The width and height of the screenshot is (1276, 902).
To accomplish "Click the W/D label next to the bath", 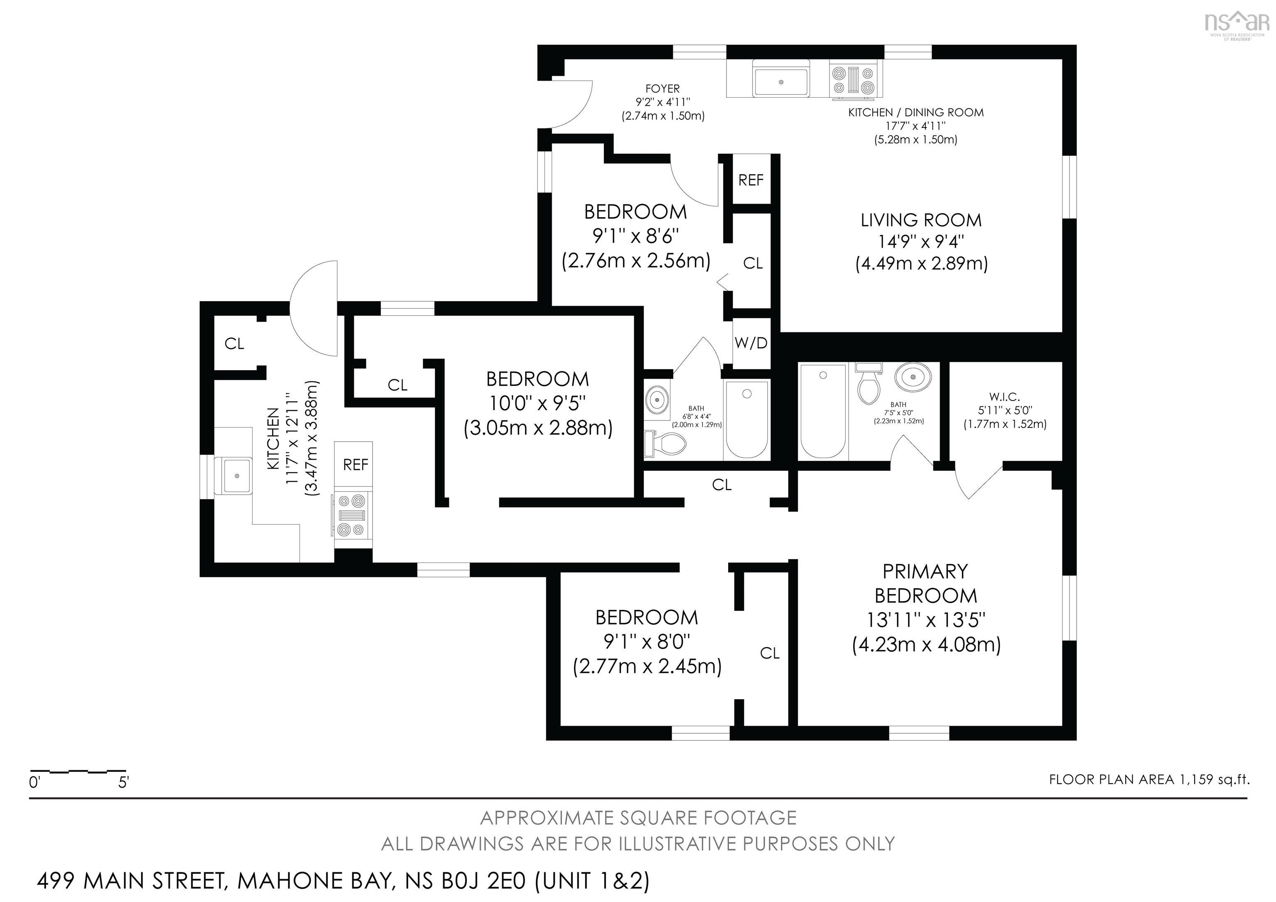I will [751, 343].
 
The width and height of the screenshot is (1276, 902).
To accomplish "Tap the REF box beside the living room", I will [751, 180].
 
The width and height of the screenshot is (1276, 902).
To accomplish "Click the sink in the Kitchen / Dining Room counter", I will [781, 81].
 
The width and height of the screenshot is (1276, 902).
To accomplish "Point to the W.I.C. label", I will [1004, 397].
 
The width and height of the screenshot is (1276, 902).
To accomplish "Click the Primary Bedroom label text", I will [925, 583].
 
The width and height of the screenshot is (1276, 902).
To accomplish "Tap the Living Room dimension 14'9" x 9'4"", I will [921, 242].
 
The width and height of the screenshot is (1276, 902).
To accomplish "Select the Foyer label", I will [663, 89].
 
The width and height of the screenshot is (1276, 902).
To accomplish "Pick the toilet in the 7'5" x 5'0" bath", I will [869, 385].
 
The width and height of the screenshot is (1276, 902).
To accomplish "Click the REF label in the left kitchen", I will [355, 465].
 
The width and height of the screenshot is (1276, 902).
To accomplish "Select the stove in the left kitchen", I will [353, 515].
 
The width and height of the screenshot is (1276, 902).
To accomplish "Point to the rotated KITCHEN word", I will [273, 439].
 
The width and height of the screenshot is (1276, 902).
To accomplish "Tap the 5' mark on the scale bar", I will [123, 782].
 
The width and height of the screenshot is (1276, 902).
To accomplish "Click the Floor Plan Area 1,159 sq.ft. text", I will [1149, 779].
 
